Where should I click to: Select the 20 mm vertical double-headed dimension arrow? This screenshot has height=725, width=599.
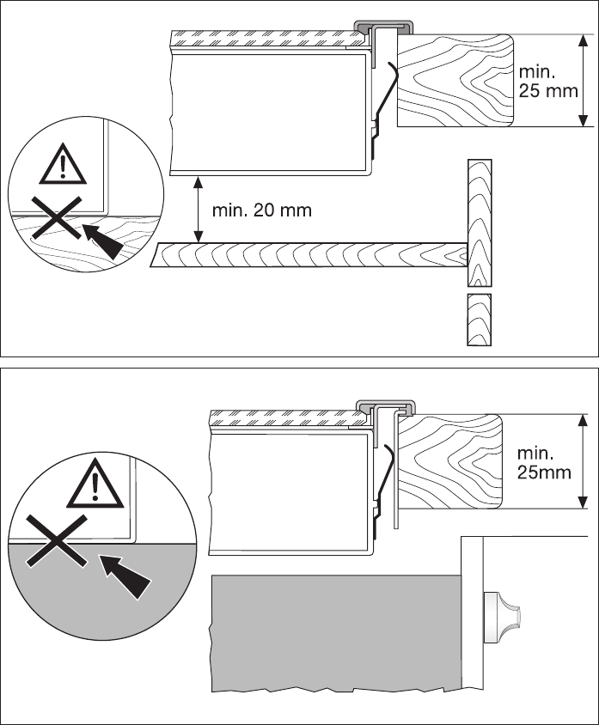199,209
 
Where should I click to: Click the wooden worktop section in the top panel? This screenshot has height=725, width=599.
455,80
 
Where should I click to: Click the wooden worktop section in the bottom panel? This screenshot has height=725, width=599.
450,460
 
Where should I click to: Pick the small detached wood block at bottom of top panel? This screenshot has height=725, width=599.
480,319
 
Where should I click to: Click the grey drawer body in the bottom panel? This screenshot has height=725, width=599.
335,627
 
